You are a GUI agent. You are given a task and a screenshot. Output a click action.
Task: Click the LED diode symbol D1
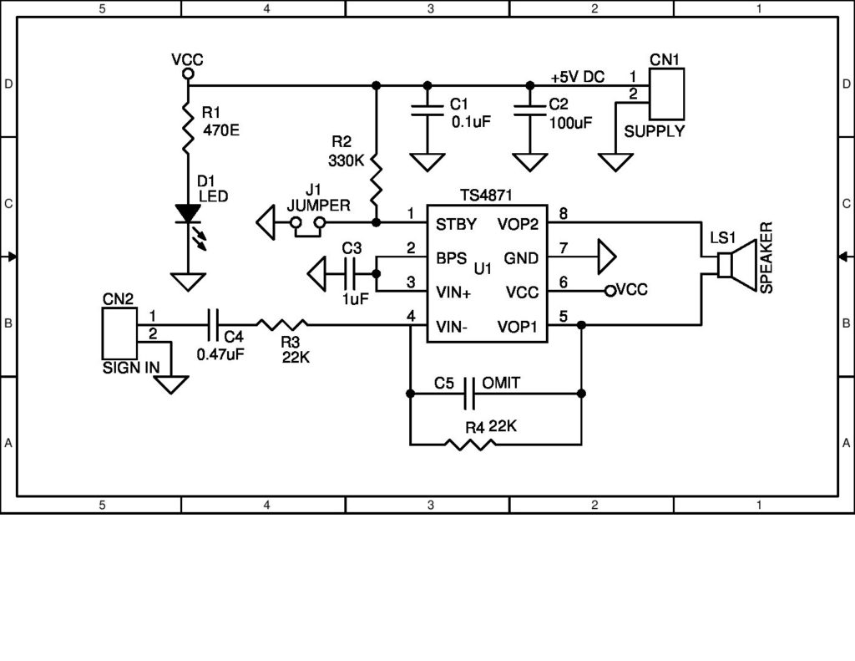coord(187,214)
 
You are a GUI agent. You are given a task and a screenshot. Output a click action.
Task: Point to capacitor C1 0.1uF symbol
coord(427,109)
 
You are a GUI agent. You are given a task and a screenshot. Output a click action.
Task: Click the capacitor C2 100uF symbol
coord(529,109)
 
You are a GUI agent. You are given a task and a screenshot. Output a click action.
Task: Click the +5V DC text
coord(577,76)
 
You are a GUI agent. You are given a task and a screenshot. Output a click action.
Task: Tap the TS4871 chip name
coord(485,194)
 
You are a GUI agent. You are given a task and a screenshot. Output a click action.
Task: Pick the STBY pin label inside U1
coord(456,224)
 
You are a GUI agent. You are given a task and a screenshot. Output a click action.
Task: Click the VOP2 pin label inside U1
coord(519,224)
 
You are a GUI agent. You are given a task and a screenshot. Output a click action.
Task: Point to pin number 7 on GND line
coord(564,248)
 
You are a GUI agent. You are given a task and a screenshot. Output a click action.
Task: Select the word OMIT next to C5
coord(502,382)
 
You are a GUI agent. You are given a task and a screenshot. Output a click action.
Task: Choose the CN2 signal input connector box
coord(118,333)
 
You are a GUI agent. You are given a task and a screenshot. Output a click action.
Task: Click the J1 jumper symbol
coord(306,223)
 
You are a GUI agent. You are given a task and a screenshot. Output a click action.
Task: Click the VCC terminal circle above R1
coord(187,74)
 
